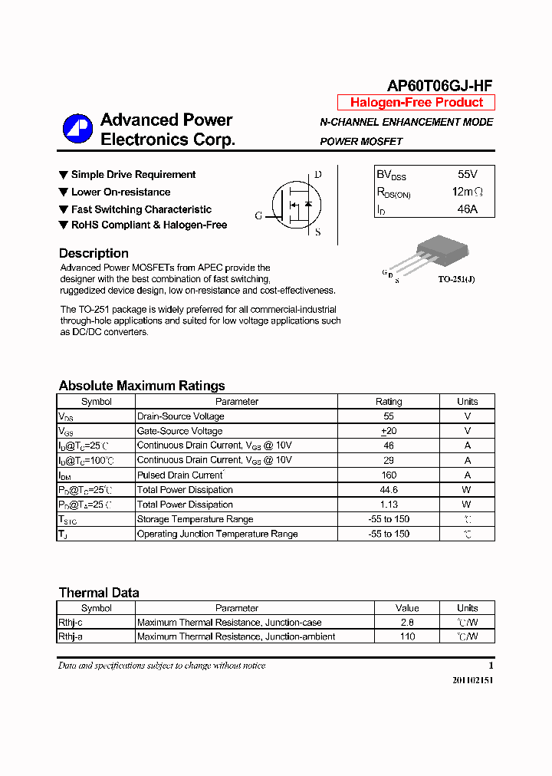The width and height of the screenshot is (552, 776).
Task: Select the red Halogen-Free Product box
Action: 416,103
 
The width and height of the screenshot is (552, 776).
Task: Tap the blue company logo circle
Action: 77,129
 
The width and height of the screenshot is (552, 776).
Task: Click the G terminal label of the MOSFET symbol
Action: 258,216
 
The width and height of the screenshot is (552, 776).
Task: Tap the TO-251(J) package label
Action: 456,280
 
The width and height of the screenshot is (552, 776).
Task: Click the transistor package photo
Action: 440,253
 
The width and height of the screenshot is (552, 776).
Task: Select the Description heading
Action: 94,253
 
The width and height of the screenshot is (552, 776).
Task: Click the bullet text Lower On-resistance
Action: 120,192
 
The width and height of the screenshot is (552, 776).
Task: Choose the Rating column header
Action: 389,402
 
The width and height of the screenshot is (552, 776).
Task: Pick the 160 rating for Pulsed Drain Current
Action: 389,475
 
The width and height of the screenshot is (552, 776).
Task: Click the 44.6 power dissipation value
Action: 389,490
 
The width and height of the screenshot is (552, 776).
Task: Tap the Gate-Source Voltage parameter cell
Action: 179,431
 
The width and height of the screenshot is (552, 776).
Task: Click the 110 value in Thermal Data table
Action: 407,636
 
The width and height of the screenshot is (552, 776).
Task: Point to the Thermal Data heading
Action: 99,593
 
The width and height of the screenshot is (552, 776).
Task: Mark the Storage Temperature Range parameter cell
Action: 195,519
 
